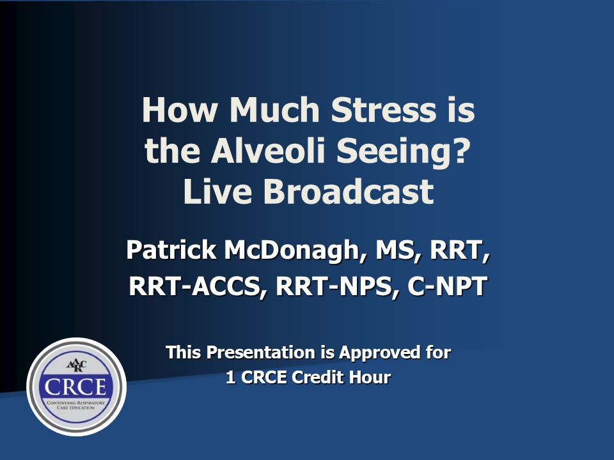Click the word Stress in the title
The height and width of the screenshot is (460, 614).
coord(383,109)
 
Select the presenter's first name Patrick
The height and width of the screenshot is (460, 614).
coord(171,250)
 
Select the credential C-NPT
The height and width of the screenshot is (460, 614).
coord(447,286)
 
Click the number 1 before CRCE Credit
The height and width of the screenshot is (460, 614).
coord(231,377)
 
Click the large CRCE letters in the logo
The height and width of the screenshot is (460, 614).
coord(75,387)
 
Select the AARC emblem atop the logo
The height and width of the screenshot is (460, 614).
coord(76,365)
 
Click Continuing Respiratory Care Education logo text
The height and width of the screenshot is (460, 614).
coord(76,405)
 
